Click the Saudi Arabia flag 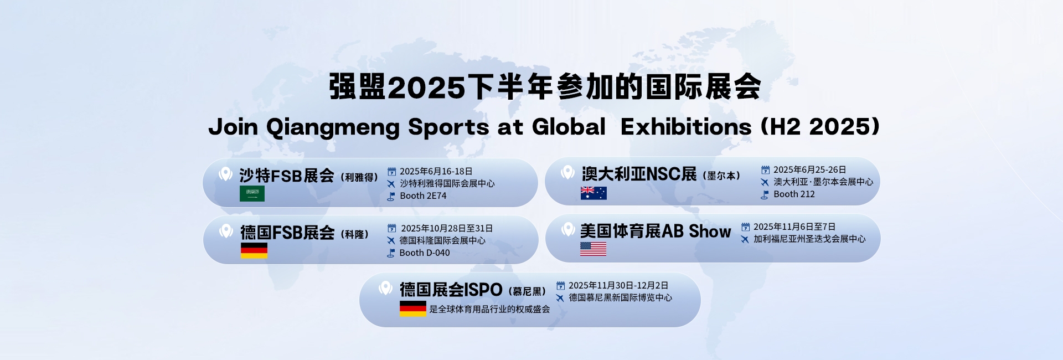[252, 193]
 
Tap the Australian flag [594, 193]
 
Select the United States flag [593, 249]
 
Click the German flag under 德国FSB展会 [254, 250]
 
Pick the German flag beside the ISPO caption [413, 308]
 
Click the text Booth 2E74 [423, 196]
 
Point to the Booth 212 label [794, 194]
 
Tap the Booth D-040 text [425, 253]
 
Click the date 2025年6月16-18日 [436, 172]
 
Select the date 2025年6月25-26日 [809, 170]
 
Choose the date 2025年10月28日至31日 [446, 229]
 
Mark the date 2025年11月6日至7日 [794, 227]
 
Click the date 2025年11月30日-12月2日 [618, 286]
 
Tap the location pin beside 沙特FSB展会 [225, 174]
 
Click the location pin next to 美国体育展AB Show [568, 229]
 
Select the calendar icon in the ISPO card [560, 286]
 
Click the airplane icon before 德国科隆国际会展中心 [391, 241]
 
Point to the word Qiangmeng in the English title [333, 127]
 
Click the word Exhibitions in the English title [686, 127]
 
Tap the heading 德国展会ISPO [451, 290]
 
